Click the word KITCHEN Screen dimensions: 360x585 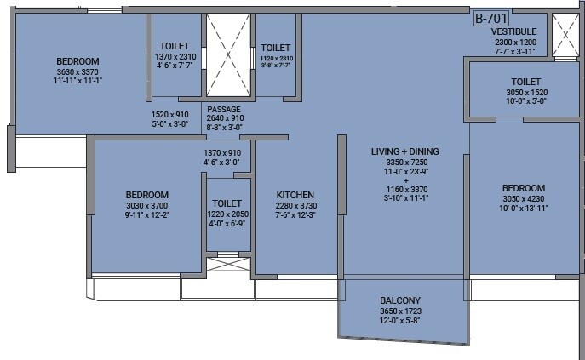coord(295,195)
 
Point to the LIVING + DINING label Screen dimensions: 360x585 coord(404,151)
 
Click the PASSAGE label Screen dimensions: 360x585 coord(224,109)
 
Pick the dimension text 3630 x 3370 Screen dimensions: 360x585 coord(77,72)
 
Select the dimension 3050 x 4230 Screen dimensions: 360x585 coord(523,199)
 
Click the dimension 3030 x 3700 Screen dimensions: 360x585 coord(146,205)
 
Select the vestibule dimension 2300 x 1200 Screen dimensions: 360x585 coord(515,41)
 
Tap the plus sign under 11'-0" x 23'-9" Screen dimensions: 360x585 coord(404,180)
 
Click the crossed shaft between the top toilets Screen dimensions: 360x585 coord(228,57)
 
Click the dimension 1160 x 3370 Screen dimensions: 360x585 coord(404,189)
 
